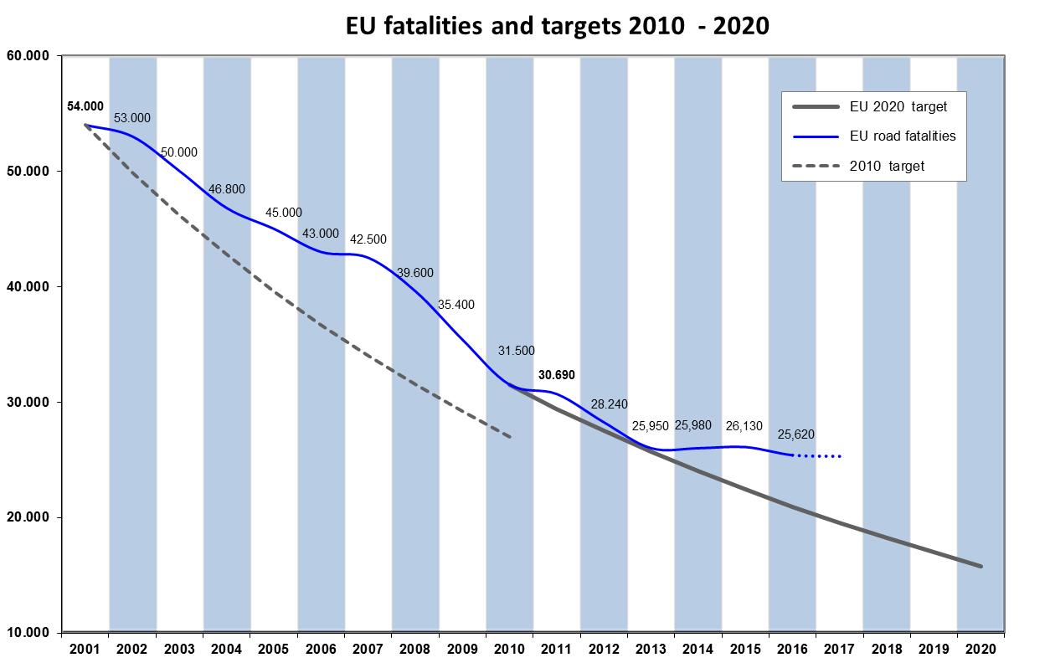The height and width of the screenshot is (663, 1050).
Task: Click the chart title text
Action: point(557,26)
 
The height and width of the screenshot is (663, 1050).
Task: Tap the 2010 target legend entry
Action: point(887,166)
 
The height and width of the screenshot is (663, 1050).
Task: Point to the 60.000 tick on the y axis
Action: point(29,56)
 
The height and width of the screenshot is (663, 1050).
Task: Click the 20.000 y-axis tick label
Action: point(29,518)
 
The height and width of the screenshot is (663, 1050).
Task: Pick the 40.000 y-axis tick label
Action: point(29,287)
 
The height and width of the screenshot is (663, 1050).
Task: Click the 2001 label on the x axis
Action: point(85,649)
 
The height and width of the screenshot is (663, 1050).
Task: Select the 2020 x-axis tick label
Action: point(981,649)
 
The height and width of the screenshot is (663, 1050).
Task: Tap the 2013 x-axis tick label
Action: point(651,649)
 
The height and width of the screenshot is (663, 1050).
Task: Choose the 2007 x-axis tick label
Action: point(368,649)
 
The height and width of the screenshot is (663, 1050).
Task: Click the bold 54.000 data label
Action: point(85,106)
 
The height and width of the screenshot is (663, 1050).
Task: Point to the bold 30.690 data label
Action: point(557,375)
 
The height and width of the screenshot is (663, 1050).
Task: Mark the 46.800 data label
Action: point(227,190)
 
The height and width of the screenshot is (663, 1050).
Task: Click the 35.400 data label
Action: point(456,305)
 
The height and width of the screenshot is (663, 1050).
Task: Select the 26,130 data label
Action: point(744,426)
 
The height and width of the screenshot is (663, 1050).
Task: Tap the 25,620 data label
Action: point(795,434)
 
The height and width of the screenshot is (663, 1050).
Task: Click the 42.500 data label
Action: point(368,239)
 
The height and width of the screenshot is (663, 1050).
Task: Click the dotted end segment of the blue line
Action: point(818,456)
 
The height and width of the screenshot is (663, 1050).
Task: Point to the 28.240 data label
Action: point(609,404)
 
